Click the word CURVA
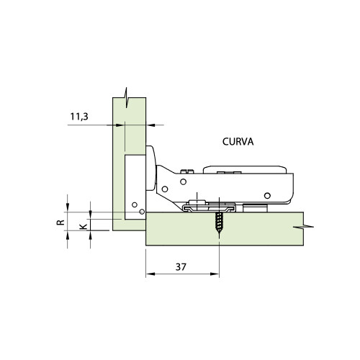tap(236, 142)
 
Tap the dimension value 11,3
tap(80, 115)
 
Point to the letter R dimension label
tap(62, 222)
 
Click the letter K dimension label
tap(84, 226)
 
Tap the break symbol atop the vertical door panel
tap(127, 95)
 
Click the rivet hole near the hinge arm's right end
tap(267, 195)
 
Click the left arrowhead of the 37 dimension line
tap(148, 274)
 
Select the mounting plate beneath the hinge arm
tap(209, 207)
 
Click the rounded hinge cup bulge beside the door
tap(153, 169)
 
